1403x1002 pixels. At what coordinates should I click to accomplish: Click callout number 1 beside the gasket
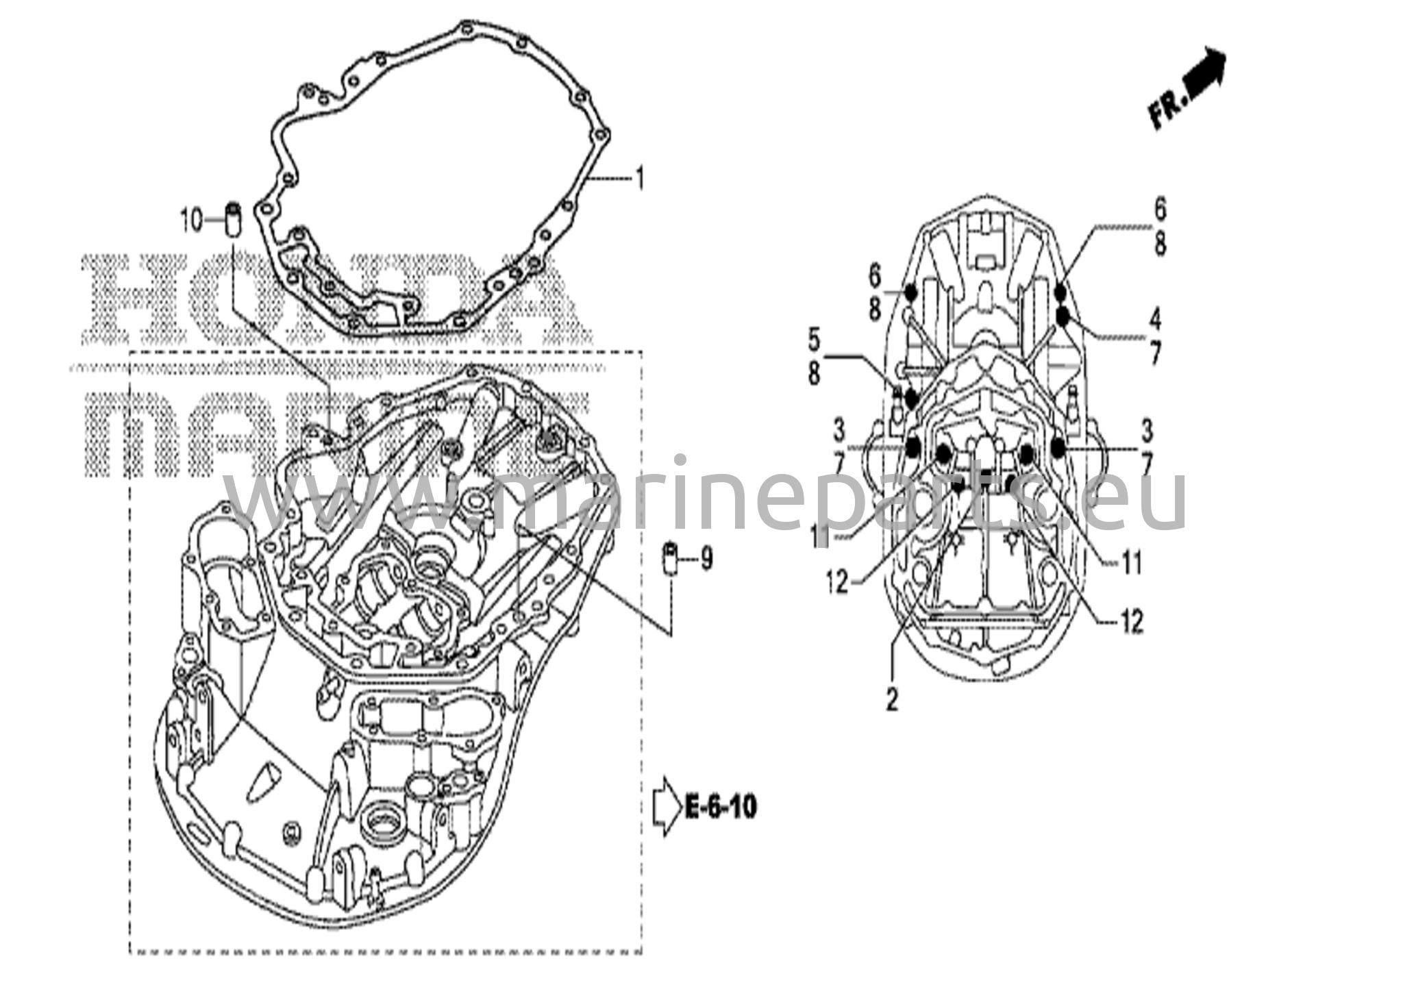point(640,162)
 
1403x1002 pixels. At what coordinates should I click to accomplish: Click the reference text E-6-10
point(721,807)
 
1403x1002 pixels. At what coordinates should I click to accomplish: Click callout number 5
point(814,338)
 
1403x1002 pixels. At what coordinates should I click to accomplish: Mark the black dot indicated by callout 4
point(1063,316)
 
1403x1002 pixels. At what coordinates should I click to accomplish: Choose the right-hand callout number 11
point(1131,563)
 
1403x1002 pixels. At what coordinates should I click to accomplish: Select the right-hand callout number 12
point(1131,621)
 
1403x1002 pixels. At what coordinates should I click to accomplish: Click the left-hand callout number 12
point(836,583)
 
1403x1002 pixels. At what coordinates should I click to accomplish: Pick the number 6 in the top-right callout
point(1159,210)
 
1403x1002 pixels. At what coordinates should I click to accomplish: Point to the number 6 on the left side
point(875,277)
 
